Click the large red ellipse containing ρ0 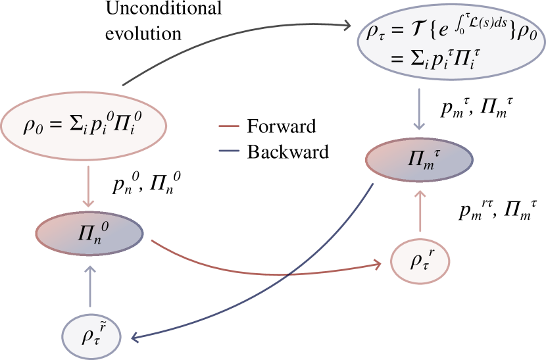[x=84, y=125]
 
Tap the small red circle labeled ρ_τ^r [x=421, y=261]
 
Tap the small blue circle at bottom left [x=92, y=336]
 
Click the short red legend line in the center [x=229, y=125]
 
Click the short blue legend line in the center [x=229, y=151]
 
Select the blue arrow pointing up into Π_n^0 [x=90, y=286]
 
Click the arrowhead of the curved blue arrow [x=135, y=338]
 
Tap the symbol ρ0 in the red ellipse [x=32, y=126]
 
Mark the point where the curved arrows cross [x=287, y=274]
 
